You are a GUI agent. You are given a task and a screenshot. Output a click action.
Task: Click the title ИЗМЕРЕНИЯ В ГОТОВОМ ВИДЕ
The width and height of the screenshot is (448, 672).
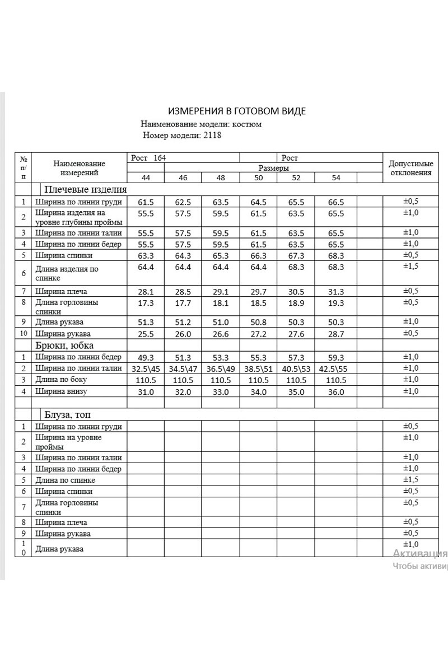click(237, 111)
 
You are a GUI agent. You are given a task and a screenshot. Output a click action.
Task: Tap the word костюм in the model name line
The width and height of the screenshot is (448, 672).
click(247, 124)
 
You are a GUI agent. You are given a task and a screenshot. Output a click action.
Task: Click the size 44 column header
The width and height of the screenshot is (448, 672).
click(146, 178)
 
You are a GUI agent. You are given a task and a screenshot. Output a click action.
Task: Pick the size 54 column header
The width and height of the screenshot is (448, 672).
click(335, 178)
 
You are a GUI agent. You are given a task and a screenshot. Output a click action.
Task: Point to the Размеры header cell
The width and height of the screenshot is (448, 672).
click(273, 168)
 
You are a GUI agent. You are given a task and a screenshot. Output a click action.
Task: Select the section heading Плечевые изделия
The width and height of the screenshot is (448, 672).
click(86, 189)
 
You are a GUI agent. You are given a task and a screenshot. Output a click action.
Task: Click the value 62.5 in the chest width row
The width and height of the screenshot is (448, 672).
click(183, 203)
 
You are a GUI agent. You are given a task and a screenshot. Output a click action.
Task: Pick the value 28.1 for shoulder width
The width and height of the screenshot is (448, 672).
click(146, 292)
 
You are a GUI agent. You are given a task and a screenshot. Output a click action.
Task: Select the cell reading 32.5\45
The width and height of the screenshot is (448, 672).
click(146, 368)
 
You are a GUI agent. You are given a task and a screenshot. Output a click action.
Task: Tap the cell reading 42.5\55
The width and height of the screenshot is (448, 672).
click(335, 368)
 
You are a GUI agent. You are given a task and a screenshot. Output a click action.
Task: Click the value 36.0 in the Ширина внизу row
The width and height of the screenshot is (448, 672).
click(335, 391)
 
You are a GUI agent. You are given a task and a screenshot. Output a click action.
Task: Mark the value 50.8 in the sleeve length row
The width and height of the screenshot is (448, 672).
click(258, 321)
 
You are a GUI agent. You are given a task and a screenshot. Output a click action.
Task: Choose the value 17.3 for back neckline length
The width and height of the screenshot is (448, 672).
click(146, 303)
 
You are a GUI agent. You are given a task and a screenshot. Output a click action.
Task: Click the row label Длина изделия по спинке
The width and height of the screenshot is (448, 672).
click(67, 273)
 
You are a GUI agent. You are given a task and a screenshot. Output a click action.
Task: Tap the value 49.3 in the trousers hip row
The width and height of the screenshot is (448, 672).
click(146, 357)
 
